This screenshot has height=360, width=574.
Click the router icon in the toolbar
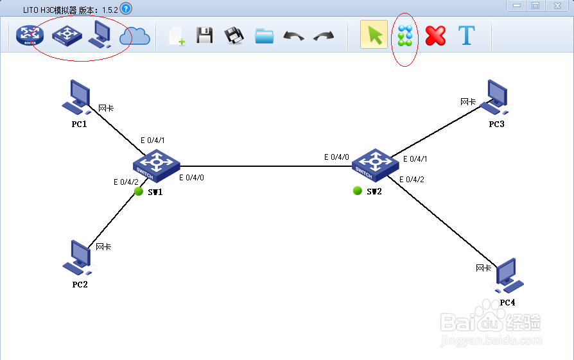click(x=28, y=36)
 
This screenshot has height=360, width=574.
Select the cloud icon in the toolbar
click(x=134, y=36)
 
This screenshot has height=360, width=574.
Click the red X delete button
click(x=435, y=36)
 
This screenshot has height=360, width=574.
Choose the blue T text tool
click(x=466, y=36)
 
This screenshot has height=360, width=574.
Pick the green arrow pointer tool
click(x=374, y=35)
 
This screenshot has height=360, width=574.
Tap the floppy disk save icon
click(x=204, y=36)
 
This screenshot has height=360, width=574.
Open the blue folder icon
click(x=264, y=36)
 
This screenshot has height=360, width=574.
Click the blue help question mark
click(x=126, y=8)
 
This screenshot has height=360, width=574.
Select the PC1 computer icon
click(x=76, y=96)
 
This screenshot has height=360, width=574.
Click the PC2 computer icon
click(x=78, y=257)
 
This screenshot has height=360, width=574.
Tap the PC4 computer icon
click(x=507, y=275)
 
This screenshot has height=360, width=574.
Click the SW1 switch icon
click(x=155, y=166)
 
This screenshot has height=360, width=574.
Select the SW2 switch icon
click(x=372, y=164)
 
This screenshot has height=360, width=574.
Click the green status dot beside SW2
click(x=358, y=191)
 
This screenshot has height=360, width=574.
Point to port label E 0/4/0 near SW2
click(x=336, y=157)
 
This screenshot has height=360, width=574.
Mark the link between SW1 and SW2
click(x=263, y=166)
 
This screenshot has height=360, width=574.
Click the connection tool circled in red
click(x=404, y=36)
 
